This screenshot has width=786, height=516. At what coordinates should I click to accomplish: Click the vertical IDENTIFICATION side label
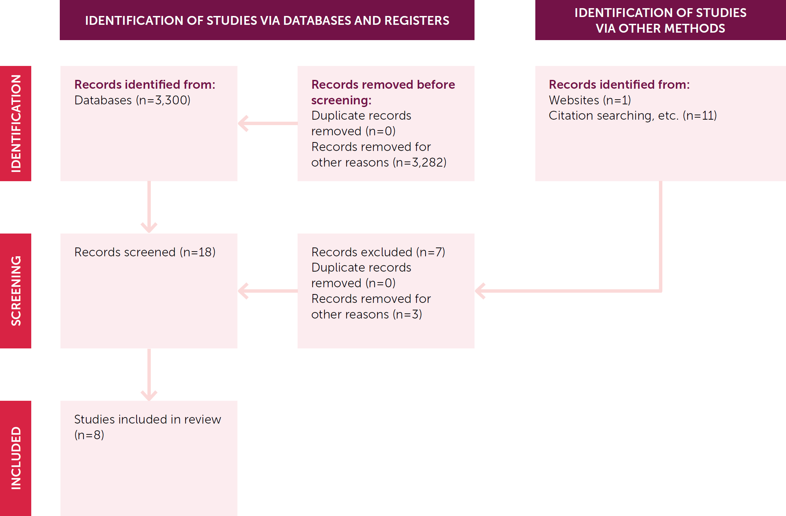[x=16, y=123]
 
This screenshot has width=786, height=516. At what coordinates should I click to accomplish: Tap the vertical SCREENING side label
[x=16, y=291]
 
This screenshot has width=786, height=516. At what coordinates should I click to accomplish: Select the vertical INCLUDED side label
[x=16, y=458]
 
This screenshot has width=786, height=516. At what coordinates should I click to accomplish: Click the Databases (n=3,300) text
[x=132, y=100]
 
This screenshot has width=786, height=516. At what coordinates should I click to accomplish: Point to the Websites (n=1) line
[x=590, y=100]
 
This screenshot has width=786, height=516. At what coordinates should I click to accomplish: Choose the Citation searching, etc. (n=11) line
[x=632, y=116]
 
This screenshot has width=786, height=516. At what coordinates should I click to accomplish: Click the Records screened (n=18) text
[x=145, y=252]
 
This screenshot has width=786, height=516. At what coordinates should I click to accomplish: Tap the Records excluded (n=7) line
[x=378, y=252]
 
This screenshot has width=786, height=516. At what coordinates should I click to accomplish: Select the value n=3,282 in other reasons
[x=420, y=162]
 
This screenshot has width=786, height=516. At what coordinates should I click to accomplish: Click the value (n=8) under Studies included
[x=89, y=435]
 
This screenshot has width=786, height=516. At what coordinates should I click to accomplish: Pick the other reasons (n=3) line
[x=367, y=314]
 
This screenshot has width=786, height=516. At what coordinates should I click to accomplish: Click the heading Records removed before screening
[x=383, y=92]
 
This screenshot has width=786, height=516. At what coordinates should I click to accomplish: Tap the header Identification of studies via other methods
[x=660, y=20]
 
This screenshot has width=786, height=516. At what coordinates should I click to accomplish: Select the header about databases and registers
[x=267, y=20]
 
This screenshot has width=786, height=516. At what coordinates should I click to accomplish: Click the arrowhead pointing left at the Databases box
[x=243, y=123]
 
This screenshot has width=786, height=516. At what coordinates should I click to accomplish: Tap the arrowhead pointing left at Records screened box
[x=243, y=291]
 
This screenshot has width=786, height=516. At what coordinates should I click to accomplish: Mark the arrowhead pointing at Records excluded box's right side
[x=480, y=291]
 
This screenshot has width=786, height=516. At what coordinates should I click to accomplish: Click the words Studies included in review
[x=147, y=419]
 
